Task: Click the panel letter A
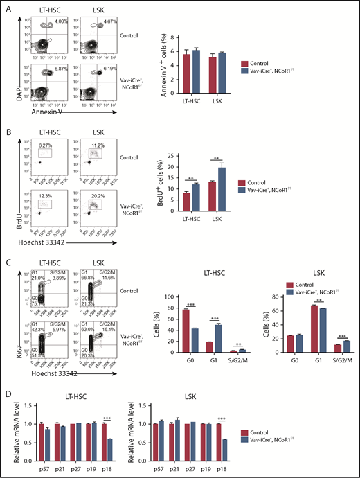click(x=6, y=6)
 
